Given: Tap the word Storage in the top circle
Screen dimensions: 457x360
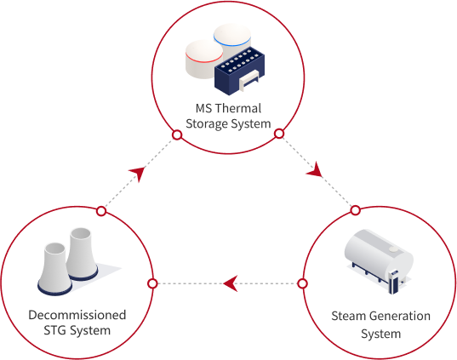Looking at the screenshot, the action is [207, 124].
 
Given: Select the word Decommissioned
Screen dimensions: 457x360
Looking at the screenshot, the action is [77, 315].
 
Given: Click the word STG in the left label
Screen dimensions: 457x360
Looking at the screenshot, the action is [55, 330].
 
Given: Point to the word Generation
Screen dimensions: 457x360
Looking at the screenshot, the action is [401, 317].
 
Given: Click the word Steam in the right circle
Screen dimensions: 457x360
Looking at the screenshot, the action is [350, 317].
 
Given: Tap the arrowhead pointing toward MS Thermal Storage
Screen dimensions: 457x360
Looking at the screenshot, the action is [138, 174].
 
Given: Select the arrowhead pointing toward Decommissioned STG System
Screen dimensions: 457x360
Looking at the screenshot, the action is [231, 283].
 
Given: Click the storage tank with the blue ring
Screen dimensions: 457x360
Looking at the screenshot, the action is [233, 39].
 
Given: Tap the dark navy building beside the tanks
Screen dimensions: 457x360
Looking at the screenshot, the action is [240, 71].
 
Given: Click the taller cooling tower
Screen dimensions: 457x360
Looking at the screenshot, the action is [82, 254].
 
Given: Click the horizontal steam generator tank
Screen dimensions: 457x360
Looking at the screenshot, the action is [379, 260].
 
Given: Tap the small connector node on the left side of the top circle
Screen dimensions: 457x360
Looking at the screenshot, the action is [177, 135].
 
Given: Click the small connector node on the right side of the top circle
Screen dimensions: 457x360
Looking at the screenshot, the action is [279, 134].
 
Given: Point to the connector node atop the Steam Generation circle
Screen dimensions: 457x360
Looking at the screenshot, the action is [355, 210].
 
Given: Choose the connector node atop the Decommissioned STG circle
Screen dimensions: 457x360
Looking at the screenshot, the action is [101, 211].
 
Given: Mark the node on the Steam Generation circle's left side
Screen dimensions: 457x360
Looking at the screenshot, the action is [303, 283].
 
